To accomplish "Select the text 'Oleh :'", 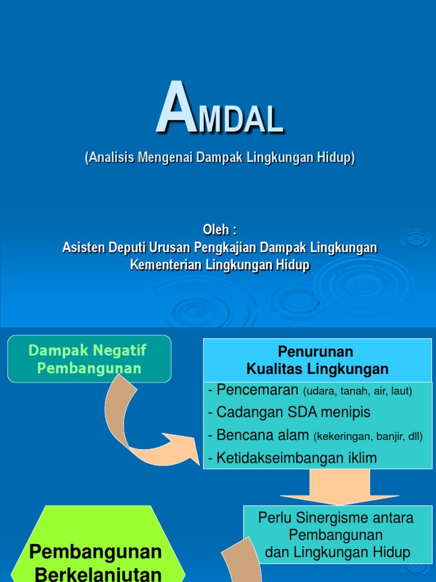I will coord(220,230).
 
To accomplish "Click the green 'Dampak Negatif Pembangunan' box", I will coord(89,359).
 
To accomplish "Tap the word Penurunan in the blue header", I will coord(315,351).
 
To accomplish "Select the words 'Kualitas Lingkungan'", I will coord(317,369).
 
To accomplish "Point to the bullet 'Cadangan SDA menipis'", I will coord(289,413).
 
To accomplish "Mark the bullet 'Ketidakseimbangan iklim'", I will coord(292,458).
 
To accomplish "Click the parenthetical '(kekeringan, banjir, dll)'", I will coord(368,437).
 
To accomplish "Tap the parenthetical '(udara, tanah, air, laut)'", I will coord(358,392).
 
